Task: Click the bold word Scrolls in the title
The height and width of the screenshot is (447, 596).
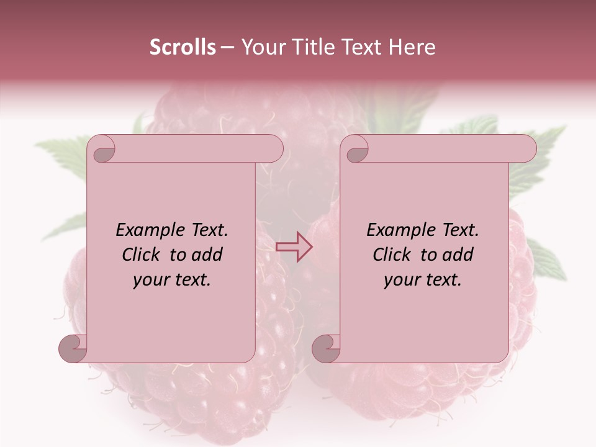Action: (x=183, y=47)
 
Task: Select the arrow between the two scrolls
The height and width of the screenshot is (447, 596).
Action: (x=294, y=247)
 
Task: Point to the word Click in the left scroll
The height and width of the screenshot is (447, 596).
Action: (x=143, y=255)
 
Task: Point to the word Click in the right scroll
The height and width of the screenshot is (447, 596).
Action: (x=394, y=255)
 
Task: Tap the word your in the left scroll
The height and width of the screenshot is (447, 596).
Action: (x=151, y=280)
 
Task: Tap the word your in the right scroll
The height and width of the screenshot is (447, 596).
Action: (x=402, y=280)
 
